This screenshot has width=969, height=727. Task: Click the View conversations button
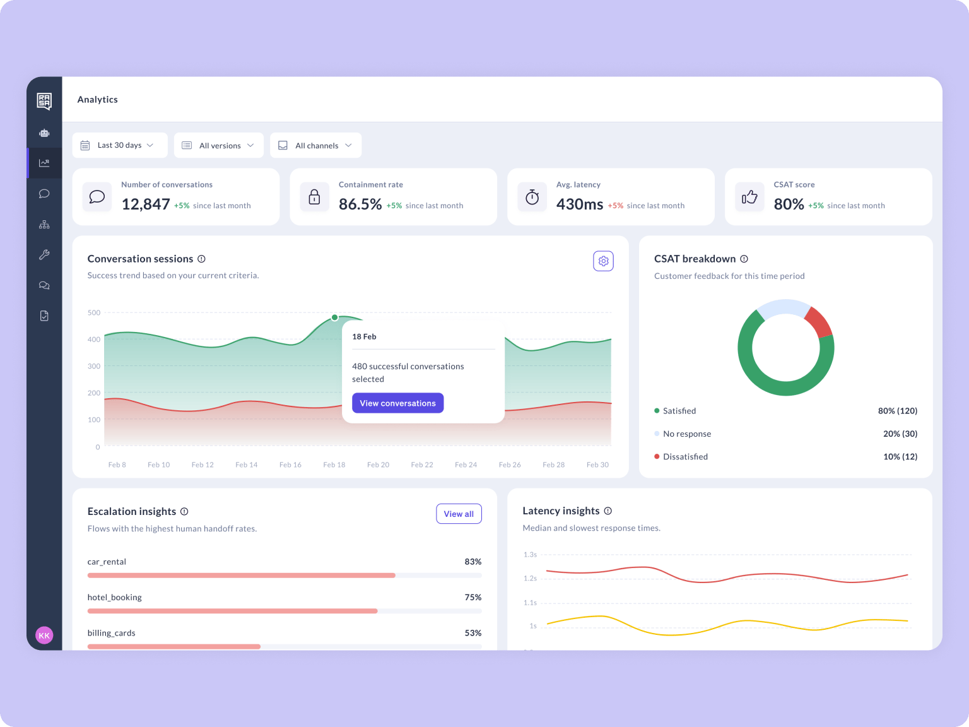(x=397, y=403)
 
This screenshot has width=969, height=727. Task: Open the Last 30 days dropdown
(x=120, y=145)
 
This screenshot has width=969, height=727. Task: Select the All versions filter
(x=218, y=145)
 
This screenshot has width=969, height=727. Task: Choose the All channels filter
(x=315, y=145)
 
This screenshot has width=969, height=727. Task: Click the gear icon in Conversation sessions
(x=603, y=261)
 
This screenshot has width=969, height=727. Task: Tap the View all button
(x=459, y=514)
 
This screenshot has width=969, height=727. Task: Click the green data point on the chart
(x=334, y=317)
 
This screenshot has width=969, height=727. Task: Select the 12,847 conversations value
(x=145, y=204)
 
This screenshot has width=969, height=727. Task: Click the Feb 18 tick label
(x=334, y=464)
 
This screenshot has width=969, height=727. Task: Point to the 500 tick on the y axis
(x=94, y=312)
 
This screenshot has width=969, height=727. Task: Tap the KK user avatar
(x=44, y=635)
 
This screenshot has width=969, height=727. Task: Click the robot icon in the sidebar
(x=44, y=133)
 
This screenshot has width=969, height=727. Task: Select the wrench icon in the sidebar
(x=44, y=255)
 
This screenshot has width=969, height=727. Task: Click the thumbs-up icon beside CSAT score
(x=749, y=197)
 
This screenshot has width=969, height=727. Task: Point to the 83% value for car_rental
(x=473, y=562)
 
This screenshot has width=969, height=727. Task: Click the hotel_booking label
(x=114, y=597)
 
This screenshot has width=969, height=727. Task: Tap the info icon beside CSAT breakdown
(x=744, y=259)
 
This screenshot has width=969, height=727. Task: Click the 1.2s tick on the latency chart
(x=530, y=578)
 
